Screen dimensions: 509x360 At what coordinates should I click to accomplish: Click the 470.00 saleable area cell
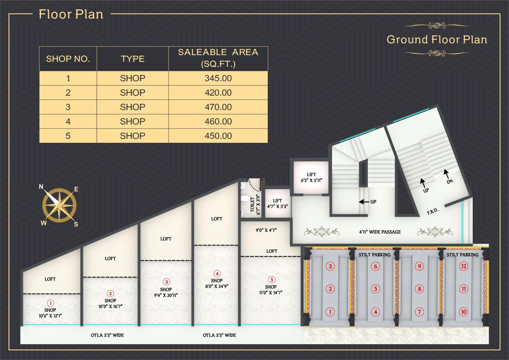[x=218, y=107]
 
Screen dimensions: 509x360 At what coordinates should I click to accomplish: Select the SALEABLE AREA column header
[x=218, y=58]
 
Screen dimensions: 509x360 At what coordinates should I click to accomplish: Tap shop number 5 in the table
[x=68, y=136]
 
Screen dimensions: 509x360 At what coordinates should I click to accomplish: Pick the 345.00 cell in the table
[x=218, y=78]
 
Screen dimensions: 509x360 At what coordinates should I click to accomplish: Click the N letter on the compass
[x=41, y=187]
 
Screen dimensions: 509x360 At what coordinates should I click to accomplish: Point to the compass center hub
[x=59, y=205]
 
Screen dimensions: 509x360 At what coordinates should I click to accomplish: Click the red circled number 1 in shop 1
[x=50, y=303]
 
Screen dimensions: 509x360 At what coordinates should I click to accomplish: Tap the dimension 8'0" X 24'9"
[x=217, y=286]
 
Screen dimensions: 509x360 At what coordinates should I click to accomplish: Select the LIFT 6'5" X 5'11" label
[x=311, y=178]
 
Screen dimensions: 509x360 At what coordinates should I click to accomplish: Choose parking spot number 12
[x=463, y=266]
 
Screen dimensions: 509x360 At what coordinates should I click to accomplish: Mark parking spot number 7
[x=419, y=312]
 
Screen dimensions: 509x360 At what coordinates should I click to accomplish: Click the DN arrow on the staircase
[x=447, y=174]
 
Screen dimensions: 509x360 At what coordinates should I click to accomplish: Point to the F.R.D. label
[x=433, y=211]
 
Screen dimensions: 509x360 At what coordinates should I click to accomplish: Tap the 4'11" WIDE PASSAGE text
[x=380, y=232]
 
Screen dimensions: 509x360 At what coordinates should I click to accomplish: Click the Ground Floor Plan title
[x=437, y=40]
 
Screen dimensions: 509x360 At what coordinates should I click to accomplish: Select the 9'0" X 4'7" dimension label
[x=266, y=230]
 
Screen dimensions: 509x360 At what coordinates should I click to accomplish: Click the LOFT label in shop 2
[x=110, y=258]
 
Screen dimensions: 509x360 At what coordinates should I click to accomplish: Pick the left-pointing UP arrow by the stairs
[x=364, y=202]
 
